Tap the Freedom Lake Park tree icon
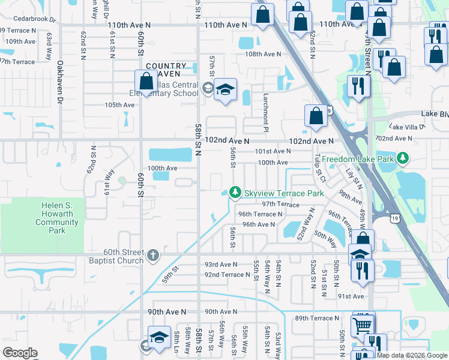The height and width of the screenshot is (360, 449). [x=405, y=159]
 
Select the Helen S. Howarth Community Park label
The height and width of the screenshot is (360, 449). [x=57, y=218]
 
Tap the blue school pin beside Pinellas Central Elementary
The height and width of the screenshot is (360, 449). [x=225, y=91]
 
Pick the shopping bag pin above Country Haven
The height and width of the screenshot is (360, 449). [x=146, y=80]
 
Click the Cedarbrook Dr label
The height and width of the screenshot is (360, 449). [x=28, y=19]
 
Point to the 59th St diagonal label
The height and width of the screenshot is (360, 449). [x=170, y=275]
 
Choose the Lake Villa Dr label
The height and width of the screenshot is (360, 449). [x=408, y=127]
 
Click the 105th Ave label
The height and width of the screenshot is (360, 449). [x=120, y=104]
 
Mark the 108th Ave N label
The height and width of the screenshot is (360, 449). [x=263, y=54]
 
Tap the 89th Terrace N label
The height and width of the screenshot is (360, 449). [x=317, y=318]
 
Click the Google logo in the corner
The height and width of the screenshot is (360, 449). [x=20, y=353]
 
